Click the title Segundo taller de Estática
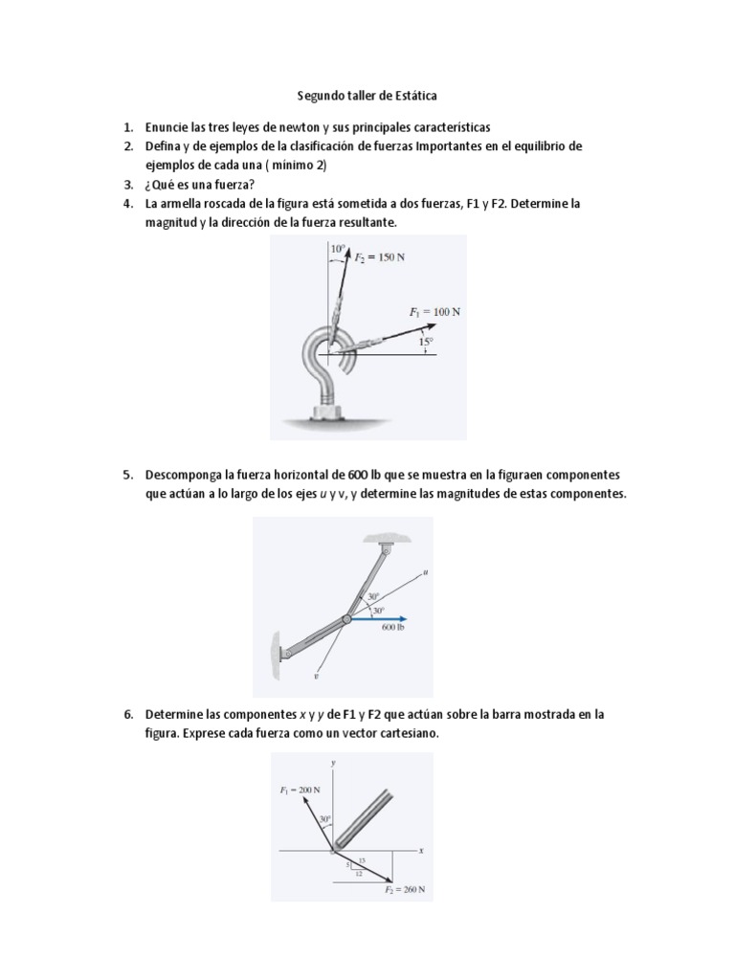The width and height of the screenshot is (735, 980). point(367,96)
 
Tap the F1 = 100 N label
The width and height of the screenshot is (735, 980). point(434,312)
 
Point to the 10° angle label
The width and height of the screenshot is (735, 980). point(337,249)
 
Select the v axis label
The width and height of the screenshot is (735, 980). point(315,675)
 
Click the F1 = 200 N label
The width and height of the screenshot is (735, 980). point(299,790)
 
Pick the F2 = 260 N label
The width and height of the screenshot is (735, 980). point(405,889)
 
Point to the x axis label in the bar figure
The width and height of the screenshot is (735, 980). point(420,850)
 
